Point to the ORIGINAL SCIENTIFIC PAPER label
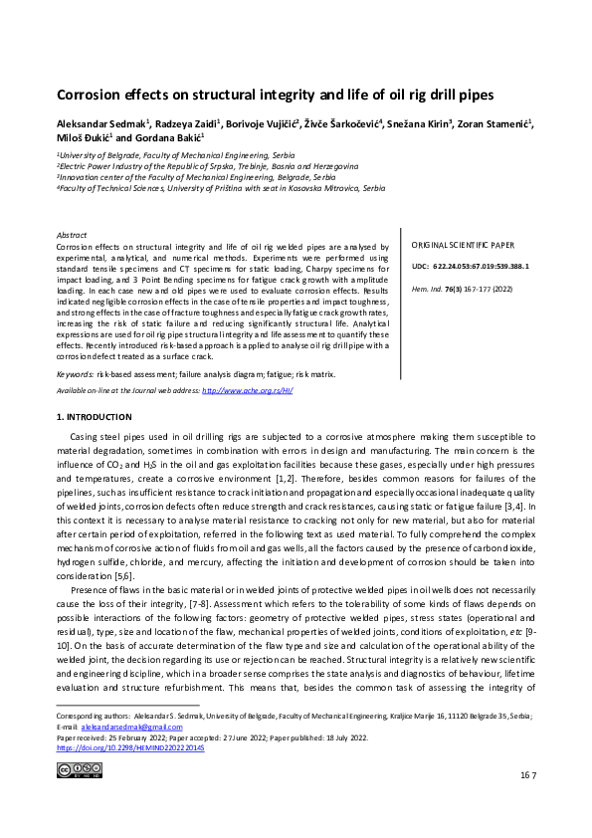click(x=464, y=245)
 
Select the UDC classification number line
click(x=471, y=267)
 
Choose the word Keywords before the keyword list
click(x=76, y=374)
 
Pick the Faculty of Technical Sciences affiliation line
click(x=221, y=187)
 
